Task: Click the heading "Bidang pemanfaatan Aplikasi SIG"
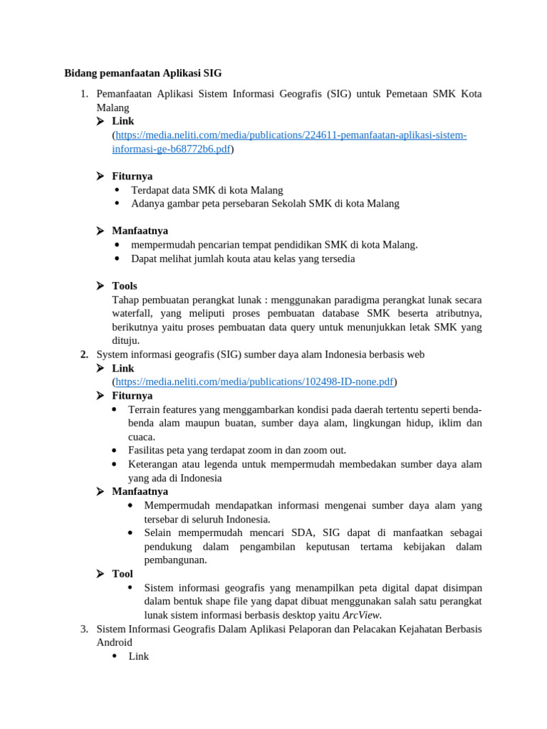pyautogui.click(x=143, y=73)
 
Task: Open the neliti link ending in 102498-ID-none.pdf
pyautogui.click(x=254, y=382)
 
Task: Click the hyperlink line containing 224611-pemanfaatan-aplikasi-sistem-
pyautogui.click(x=291, y=135)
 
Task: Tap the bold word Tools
pyautogui.click(x=125, y=285)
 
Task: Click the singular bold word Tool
pyautogui.click(x=123, y=573)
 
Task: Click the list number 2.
pyautogui.click(x=83, y=354)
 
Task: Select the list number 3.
pyautogui.click(x=83, y=629)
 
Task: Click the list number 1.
pyautogui.click(x=83, y=93)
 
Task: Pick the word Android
pyautogui.click(x=114, y=642)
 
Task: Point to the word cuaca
pyautogui.click(x=142, y=436)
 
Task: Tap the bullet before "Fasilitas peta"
pyautogui.click(x=115, y=451)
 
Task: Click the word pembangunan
pyautogui.click(x=175, y=560)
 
